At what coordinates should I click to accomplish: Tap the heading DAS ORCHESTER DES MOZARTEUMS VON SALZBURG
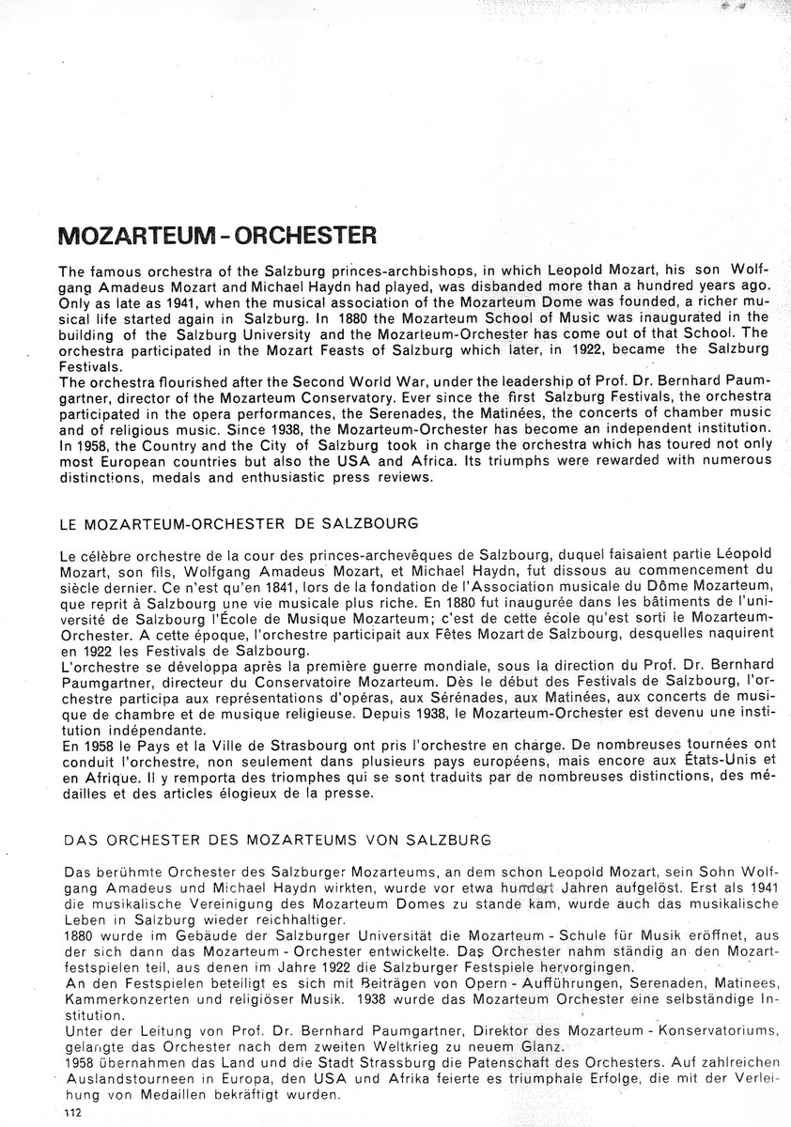[273, 838]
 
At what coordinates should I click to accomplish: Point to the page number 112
[74, 1112]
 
